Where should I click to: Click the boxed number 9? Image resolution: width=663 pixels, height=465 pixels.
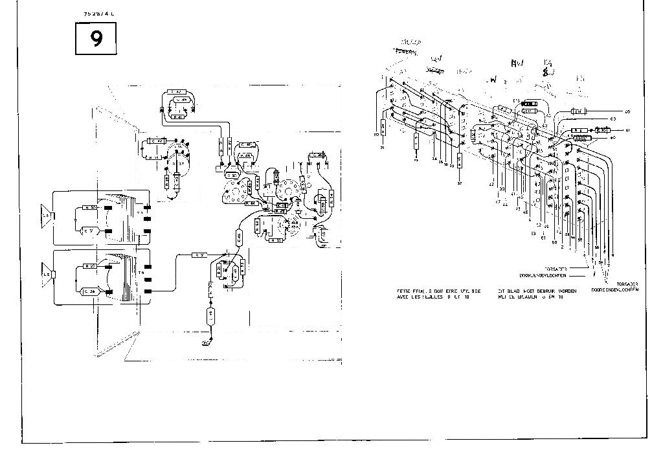96,39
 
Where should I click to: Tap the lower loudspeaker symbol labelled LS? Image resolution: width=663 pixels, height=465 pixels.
47,275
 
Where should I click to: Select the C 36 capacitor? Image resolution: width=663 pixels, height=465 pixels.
89,293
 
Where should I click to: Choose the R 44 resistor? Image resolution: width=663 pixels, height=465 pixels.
252,203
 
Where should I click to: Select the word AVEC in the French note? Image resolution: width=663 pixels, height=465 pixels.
404,297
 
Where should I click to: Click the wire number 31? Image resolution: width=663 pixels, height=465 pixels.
383,148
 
